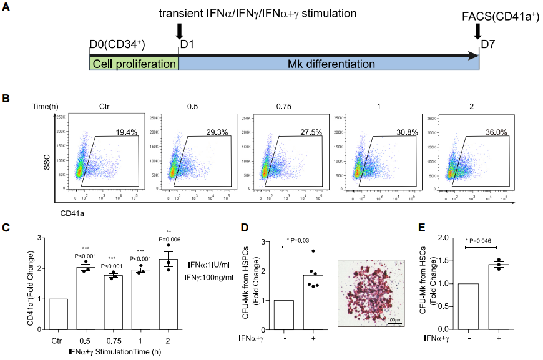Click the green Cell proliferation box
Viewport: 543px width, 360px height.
pos(134,64)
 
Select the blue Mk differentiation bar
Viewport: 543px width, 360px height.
pos(329,64)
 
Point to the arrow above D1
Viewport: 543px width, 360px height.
pos(180,30)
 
